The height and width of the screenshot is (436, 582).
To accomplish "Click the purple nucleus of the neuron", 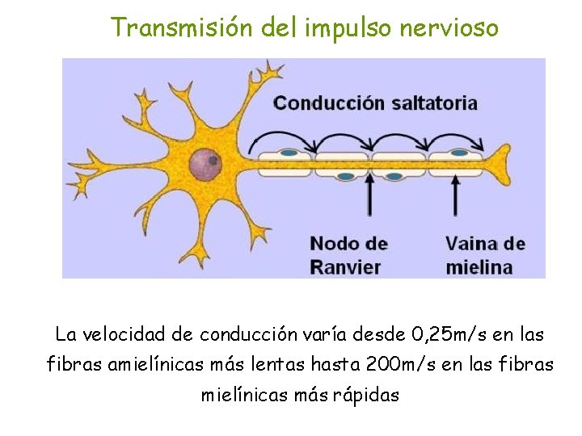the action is (205, 165).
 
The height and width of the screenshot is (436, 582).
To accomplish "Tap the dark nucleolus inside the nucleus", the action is (213, 161).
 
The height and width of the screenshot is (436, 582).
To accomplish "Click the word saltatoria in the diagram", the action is (434, 103).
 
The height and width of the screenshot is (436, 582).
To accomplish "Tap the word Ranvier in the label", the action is (345, 266).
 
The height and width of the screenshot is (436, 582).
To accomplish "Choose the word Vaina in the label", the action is (472, 243).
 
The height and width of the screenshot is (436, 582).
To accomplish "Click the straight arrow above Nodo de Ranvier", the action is (370, 197).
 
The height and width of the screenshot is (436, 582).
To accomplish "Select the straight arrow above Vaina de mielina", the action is (456, 197).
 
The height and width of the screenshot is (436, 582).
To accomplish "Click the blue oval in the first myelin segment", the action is (288, 152).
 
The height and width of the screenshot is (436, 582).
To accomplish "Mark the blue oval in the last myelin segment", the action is (459, 152).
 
